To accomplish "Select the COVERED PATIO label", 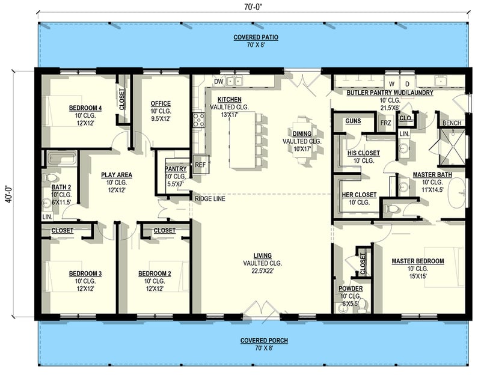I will click(251, 37).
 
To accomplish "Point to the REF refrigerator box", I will click(200, 163).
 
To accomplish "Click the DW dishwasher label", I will click(219, 81).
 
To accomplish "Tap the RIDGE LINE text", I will click(210, 198).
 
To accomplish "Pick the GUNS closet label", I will click(352, 121).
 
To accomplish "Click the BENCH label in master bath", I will click(452, 123).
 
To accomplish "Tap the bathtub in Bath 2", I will click(61, 159).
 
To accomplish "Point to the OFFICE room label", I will click(161, 103).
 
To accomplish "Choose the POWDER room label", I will click(351, 288).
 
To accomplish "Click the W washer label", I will click(391, 83).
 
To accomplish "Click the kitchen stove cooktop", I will click(198, 120).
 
